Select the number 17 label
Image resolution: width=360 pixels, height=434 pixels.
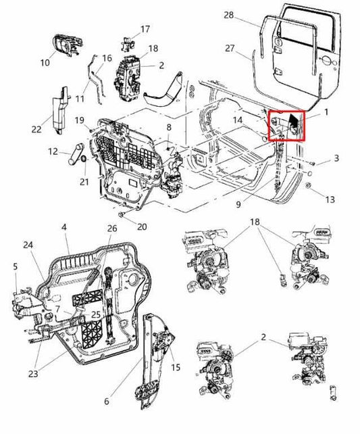(145, 29)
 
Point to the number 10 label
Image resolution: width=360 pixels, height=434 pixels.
(45, 63)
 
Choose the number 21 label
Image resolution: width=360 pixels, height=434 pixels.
(84, 182)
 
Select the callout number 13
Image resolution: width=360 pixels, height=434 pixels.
(330, 199)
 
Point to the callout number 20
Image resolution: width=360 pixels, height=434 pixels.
(141, 226)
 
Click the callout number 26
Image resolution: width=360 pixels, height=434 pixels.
(111, 228)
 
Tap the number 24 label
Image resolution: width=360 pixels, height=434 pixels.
(27, 245)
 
